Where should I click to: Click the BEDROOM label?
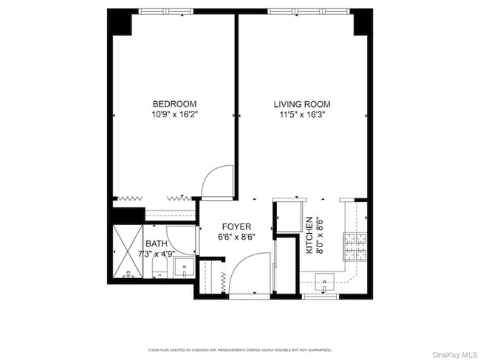click(x=174, y=104)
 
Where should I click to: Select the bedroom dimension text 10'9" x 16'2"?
click(x=174, y=115)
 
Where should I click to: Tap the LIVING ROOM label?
click(x=302, y=104)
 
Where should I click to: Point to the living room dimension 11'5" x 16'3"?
click(x=302, y=115)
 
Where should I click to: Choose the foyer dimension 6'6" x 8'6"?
click(x=236, y=238)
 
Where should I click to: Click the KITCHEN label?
click(x=310, y=235)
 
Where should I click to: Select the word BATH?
click(x=156, y=244)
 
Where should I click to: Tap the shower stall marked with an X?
click(x=126, y=252)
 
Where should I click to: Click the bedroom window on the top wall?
click(x=167, y=11)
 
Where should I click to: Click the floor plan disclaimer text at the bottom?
click(x=240, y=350)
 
